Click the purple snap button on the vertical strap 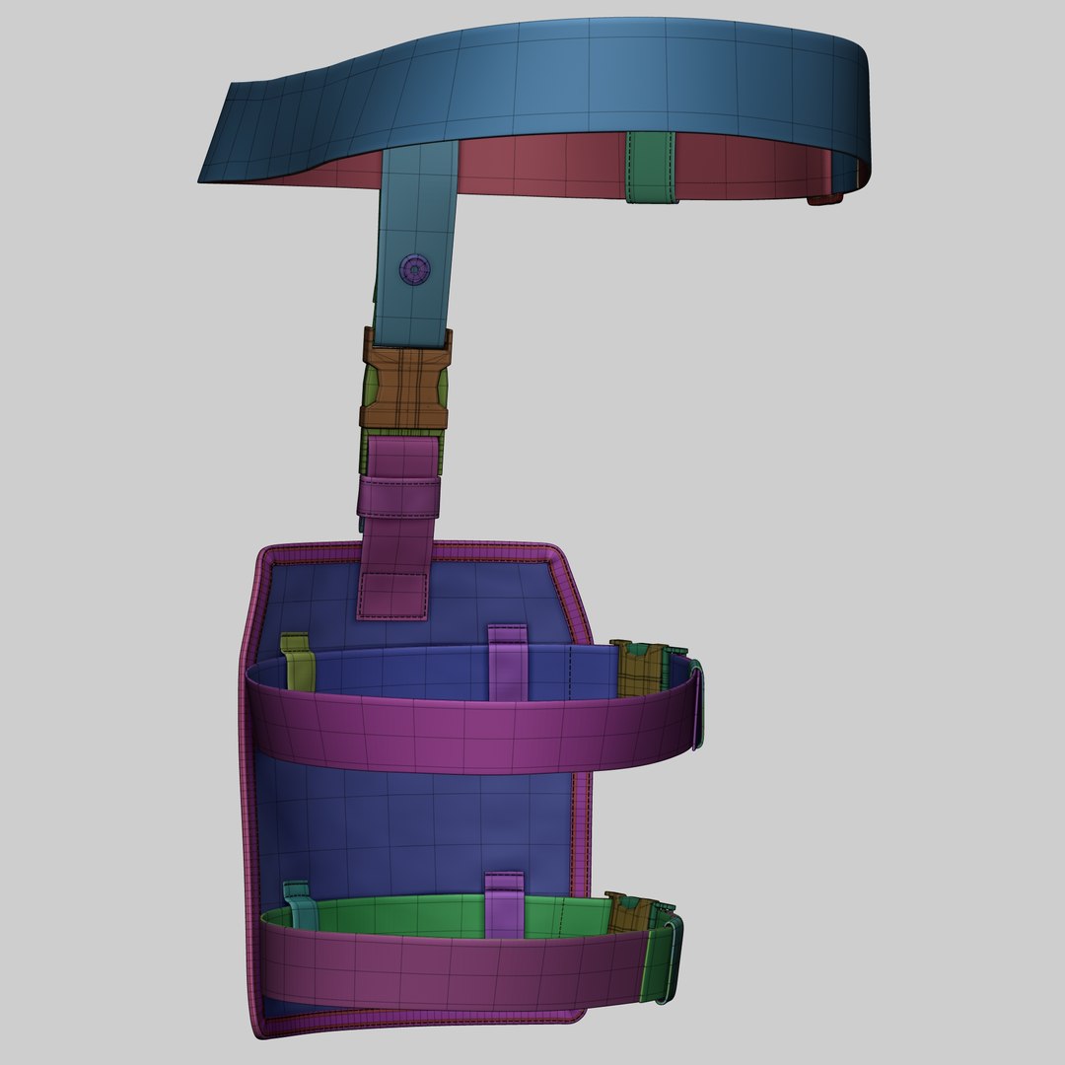point(415,269)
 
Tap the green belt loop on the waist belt point(651,168)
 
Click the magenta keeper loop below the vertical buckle point(398,495)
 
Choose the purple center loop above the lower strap point(506,901)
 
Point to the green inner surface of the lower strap point(414,917)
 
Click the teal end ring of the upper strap point(698,705)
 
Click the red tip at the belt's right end point(826,200)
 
